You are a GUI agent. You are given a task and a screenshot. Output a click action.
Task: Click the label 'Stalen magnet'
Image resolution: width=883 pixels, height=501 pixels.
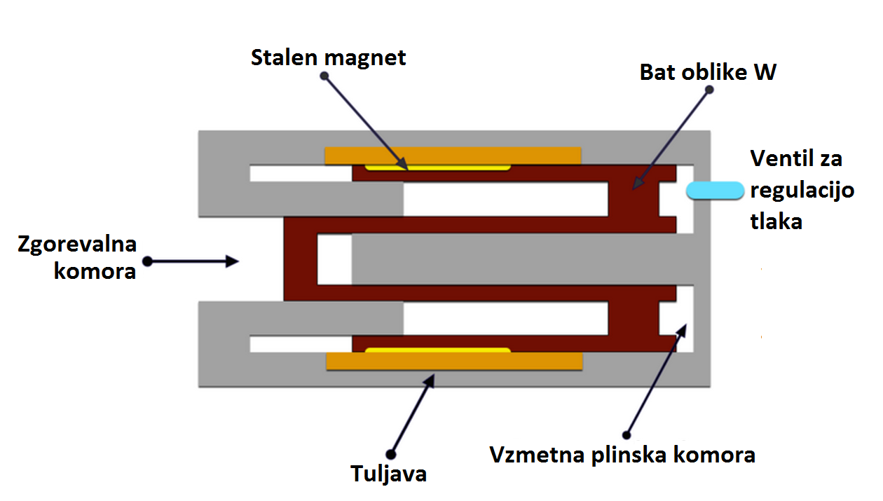tap(329, 57)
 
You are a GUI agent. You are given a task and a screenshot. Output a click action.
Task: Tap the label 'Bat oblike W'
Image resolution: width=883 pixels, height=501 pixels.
tap(708, 72)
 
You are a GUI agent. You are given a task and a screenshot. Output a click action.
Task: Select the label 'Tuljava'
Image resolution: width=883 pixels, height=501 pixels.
tap(388, 474)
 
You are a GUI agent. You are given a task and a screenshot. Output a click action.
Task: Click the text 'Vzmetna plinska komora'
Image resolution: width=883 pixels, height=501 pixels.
tap(622, 455)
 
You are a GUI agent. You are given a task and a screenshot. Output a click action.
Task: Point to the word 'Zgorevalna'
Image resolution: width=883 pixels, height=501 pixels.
tap(77, 245)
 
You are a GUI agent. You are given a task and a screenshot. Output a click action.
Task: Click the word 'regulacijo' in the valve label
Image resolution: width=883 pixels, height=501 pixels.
tap(802, 191)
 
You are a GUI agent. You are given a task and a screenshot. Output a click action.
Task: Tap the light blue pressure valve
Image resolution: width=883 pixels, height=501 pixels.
tap(714, 190)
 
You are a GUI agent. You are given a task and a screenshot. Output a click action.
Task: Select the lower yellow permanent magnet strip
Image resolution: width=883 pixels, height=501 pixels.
tap(437, 350)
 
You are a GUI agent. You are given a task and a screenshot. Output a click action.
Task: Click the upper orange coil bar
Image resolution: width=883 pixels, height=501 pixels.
tap(453, 155)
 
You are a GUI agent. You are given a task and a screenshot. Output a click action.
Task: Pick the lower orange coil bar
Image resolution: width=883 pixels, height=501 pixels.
tap(454, 361)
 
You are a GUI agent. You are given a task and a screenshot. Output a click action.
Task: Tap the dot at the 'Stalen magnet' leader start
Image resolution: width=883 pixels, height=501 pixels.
tap(324, 76)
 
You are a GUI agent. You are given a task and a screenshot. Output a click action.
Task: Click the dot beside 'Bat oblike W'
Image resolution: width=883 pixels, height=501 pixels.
tap(709, 90)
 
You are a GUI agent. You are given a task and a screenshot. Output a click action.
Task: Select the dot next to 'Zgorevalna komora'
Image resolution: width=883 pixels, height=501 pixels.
tap(147, 261)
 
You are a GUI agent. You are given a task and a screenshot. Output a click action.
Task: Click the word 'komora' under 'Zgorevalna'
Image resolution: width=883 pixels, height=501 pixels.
tap(95, 271)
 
